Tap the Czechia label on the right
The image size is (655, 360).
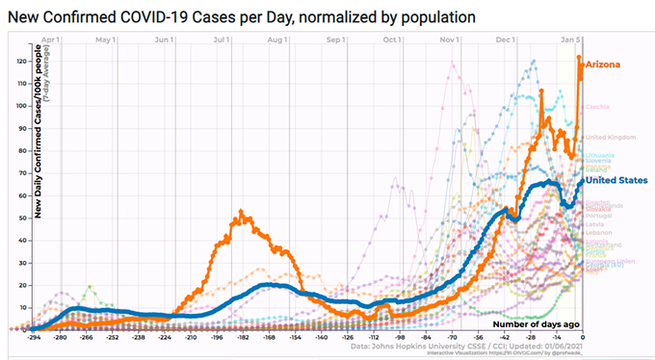(x=596, y=106)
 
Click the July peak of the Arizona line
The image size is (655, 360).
(x=242, y=214)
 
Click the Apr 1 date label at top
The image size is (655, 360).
(x=51, y=39)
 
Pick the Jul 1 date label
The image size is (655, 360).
(x=221, y=39)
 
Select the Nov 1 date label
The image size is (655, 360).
(x=449, y=39)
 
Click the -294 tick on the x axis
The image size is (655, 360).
(x=34, y=338)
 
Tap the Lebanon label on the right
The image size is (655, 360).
(x=598, y=234)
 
